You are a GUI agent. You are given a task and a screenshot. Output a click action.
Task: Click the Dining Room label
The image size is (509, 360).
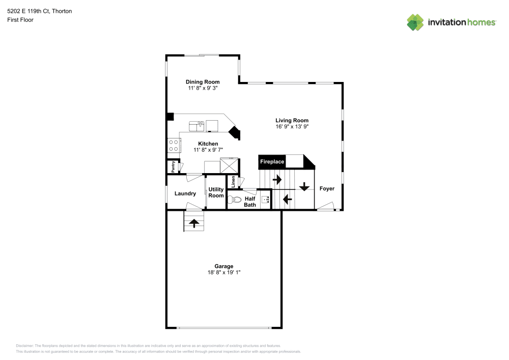(203, 82)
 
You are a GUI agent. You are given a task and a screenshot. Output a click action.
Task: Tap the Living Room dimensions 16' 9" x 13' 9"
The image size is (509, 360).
(292, 126)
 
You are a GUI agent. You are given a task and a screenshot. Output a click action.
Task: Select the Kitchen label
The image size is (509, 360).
(208, 144)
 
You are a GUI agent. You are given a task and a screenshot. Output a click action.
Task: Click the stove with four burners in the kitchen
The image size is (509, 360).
(174, 146)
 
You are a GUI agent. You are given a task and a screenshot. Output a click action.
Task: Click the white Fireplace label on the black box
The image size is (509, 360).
(272, 162)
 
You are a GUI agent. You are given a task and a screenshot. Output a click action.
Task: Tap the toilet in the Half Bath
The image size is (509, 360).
(233, 200)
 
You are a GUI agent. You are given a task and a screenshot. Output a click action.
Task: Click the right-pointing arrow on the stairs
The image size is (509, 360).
(277, 179)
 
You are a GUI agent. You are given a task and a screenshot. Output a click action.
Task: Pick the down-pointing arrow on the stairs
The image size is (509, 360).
(304, 186)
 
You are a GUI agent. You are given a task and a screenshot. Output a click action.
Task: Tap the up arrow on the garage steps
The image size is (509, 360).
(194, 222)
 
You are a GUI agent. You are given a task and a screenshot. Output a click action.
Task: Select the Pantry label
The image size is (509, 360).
(174, 167)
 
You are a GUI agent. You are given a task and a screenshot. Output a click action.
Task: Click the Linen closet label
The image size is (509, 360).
(233, 181)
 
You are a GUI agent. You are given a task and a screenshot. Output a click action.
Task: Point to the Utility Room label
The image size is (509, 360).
(216, 192)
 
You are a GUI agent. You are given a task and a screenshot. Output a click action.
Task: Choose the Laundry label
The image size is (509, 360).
(185, 193)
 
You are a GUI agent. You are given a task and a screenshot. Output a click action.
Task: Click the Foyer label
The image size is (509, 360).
(327, 188)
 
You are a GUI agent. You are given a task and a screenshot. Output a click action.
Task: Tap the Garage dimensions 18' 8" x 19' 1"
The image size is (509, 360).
(223, 272)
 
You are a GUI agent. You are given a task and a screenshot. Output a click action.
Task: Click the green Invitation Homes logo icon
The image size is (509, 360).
(415, 22)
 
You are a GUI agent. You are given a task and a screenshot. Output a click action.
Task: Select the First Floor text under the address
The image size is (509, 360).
(20, 20)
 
